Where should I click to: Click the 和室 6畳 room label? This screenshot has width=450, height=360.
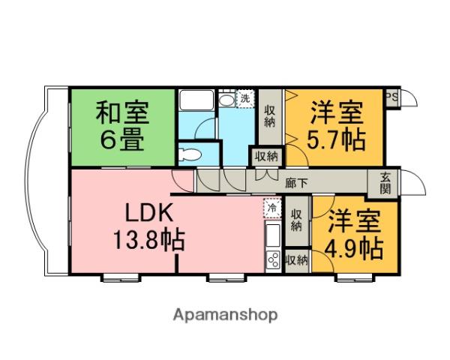pyautogui.click(x=121, y=126)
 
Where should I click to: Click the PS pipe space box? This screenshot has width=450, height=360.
pyautogui.click(x=391, y=98)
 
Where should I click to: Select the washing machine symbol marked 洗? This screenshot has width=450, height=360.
pyautogui.click(x=245, y=98)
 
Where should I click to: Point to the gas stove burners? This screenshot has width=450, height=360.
pyautogui.click(x=272, y=260)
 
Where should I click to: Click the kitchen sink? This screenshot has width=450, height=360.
pyautogui.click(x=273, y=235)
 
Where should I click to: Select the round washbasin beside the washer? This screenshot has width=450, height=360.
pyautogui.click(x=226, y=100)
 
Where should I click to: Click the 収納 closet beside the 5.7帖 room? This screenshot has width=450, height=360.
pyautogui.click(x=270, y=116)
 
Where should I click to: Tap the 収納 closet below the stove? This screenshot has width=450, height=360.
pyautogui.click(x=297, y=260)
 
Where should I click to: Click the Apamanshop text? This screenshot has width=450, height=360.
pyautogui.click(x=225, y=314)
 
